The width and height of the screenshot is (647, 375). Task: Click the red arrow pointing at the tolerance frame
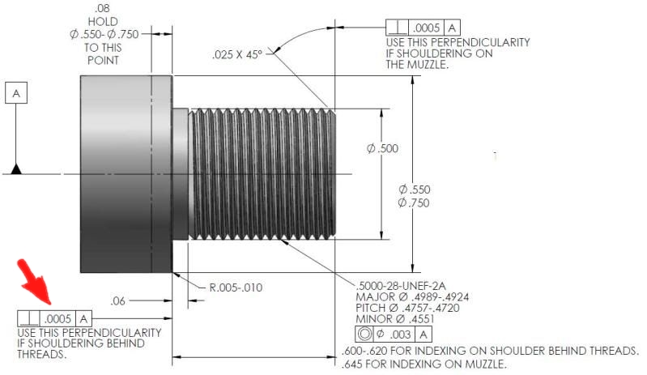(34, 282)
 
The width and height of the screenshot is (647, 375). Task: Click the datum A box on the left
(16, 93)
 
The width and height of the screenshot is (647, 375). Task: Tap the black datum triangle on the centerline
(16, 169)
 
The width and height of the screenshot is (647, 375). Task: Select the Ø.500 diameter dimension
(382, 148)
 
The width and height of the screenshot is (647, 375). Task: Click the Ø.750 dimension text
(414, 203)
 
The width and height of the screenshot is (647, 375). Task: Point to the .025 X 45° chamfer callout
(237, 55)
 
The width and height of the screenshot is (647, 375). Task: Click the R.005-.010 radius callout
(236, 288)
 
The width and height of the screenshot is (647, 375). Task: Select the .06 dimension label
(117, 300)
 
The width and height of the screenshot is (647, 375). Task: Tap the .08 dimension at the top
(102, 8)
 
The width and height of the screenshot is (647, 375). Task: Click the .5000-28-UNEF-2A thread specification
(401, 285)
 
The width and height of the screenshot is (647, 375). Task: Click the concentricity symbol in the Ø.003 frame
(364, 334)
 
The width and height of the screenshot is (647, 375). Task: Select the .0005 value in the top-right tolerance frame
(426, 28)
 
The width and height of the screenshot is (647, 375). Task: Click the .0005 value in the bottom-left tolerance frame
(57, 319)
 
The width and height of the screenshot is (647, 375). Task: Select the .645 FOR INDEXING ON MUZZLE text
(424, 364)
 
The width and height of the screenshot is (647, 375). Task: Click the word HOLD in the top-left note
(103, 21)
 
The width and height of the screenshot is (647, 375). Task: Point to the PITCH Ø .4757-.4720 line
(407, 308)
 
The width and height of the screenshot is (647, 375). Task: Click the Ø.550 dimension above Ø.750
(415, 190)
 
